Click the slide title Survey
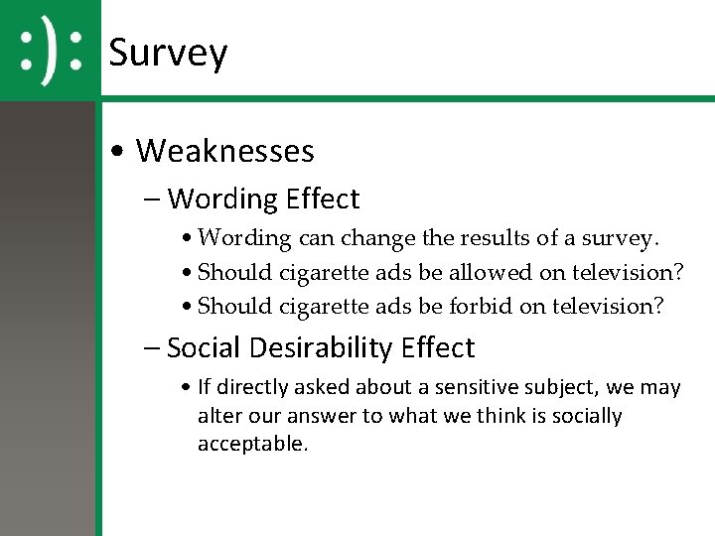[x=168, y=52]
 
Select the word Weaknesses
[x=224, y=151]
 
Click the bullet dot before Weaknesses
[x=118, y=152]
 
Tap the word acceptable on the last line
[x=252, y=444]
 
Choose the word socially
[x=586, y=415]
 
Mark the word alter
[x=217, y=415]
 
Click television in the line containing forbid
[x=606, y=306]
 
